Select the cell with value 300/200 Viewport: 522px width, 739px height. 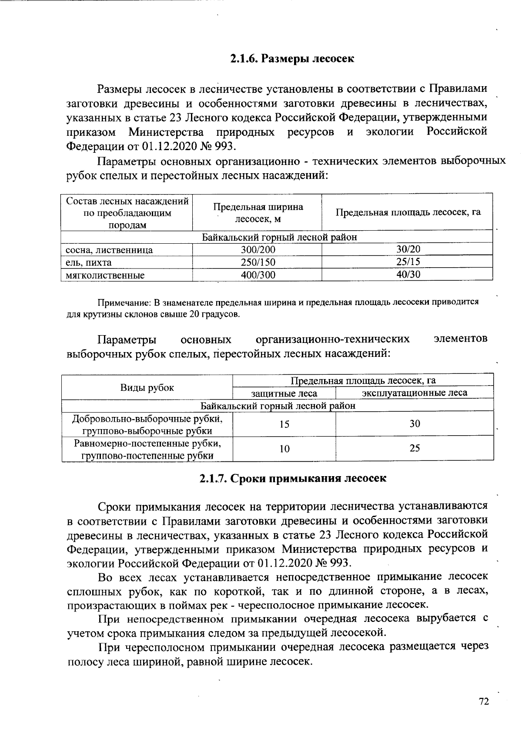click(258, 250)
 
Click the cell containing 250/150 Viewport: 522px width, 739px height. click(258, 262)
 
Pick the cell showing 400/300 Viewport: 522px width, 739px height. click(258, 275)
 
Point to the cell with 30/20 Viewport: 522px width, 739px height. click(408, 249)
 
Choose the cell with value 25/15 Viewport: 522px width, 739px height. click(408, 262)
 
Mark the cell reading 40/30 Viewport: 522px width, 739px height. click(408, 274)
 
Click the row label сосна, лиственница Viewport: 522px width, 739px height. click(109, 250)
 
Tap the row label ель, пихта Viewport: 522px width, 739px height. click(89, 262)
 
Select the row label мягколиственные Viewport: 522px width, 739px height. click(105, 275)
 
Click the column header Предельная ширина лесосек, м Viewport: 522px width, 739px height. click(258, 213)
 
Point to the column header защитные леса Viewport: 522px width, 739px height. click(284, 393)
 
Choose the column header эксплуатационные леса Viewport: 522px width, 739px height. click(415, 393)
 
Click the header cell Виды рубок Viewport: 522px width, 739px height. click(147, 387)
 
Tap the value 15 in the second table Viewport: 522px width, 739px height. click(284, 424)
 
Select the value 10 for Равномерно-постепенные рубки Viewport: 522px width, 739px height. click(284, 449)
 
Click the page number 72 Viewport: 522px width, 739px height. click(484, 702)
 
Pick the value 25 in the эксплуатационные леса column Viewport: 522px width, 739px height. click(415, 448)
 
